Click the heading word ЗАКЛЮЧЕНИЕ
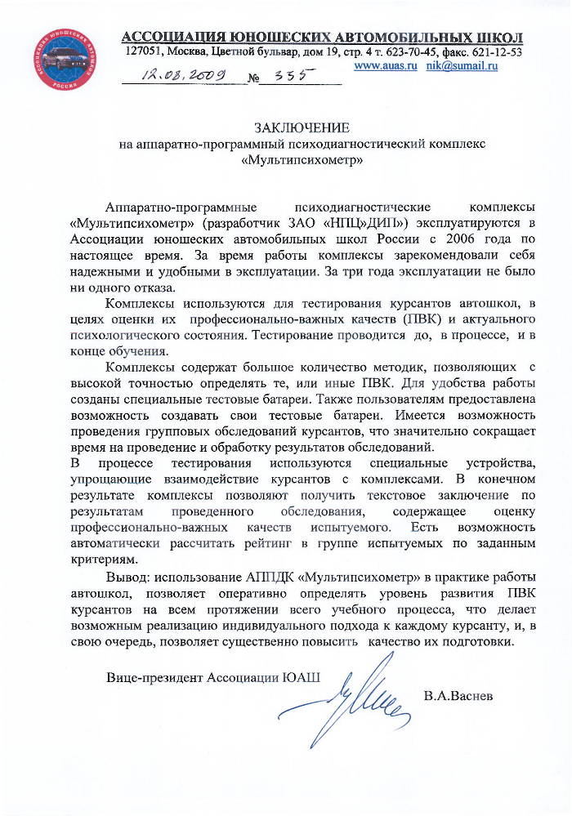[302, 128]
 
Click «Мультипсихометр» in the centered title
[302, 160]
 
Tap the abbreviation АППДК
[266, 578]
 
